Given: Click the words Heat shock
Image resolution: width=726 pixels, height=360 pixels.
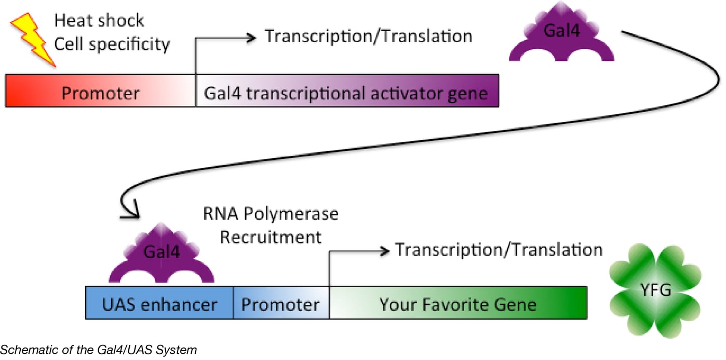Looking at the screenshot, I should click(x=99, y=21).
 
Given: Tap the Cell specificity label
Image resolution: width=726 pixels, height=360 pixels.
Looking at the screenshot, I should click(x=112, y=44).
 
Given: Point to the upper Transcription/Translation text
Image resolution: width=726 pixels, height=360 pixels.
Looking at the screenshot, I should click(x=369, y=36).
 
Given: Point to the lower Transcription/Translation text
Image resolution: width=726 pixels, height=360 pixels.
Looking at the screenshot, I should click(x=499, y=250).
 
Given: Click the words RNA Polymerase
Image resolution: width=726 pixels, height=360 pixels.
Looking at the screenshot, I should click(x=271, y=214).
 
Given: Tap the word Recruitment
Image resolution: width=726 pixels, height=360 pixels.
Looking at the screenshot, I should click(x=271, y=237).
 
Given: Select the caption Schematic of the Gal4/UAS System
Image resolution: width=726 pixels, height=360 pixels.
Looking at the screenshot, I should click(x=99, y=350).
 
